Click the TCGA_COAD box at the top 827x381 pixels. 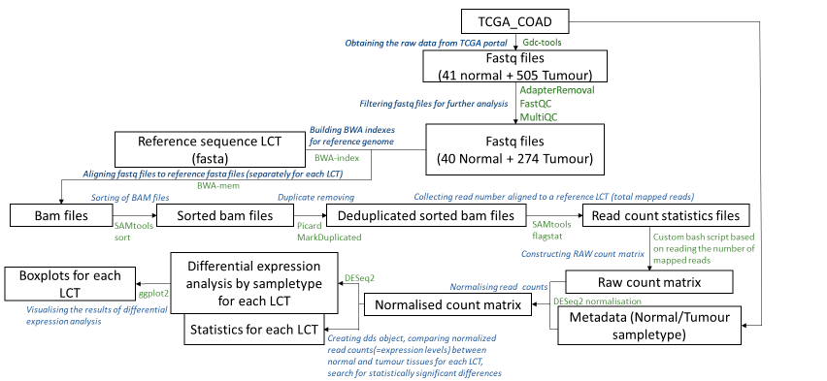coord(515,21)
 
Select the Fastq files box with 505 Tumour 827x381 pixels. coord(515,65)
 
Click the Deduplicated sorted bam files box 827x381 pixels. coord(426,214)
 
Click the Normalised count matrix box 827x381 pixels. coord(448,305)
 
